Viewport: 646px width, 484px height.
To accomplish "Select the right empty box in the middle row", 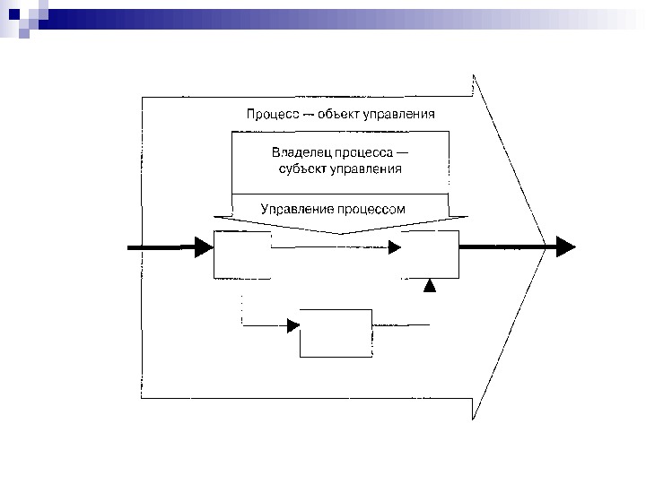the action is pos(430,254).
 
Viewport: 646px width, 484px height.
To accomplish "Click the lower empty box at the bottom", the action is pos(336,333).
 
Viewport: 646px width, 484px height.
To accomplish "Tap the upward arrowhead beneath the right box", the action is pos(430,286).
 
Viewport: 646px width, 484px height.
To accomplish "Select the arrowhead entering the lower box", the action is pos(292,325).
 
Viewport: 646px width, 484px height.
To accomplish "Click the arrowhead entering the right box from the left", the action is pos(395,247).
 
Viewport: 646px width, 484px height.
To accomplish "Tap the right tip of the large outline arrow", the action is pos(545,246).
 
